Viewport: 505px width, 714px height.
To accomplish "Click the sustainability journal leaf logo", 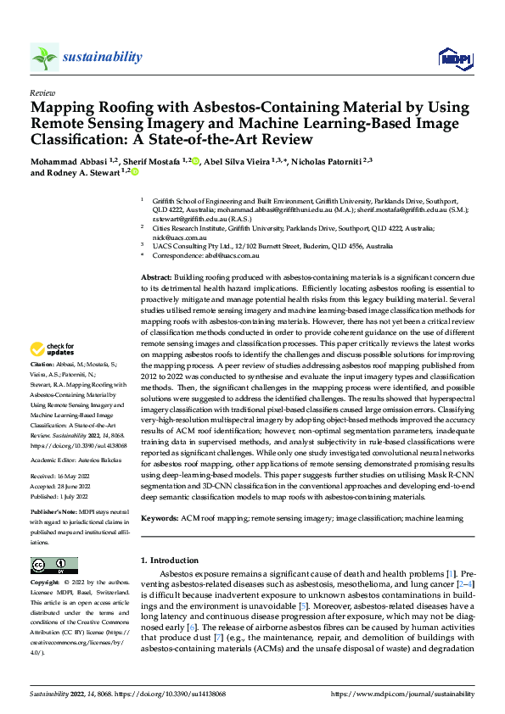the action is point(45,57).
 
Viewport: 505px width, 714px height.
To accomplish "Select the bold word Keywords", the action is point(160,516).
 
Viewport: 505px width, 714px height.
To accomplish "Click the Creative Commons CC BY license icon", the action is point(54,565).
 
